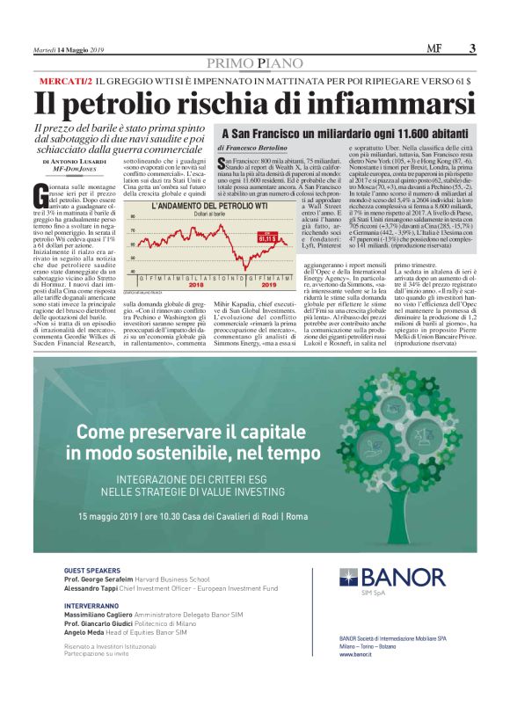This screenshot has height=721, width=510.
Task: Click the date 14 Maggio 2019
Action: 81,49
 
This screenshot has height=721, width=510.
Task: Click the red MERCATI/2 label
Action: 66,81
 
